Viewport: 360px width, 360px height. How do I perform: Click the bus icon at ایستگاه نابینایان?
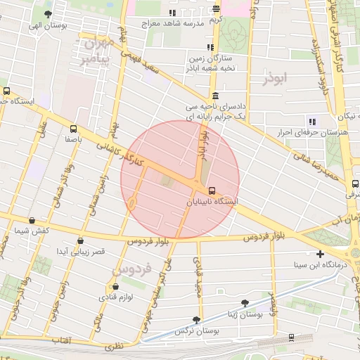point(211,191)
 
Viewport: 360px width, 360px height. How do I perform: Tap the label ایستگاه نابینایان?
point(211,202)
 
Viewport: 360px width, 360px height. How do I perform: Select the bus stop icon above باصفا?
point(74,129)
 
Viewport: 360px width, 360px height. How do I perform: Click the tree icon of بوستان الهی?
point(48,14)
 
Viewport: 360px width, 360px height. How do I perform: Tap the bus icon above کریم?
point(216,9)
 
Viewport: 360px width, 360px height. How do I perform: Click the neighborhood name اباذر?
point(275,79)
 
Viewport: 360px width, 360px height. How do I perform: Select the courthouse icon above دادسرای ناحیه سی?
point(214,96)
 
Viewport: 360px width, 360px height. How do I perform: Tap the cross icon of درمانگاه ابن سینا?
point(321,254)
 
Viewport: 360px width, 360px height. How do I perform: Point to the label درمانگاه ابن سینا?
point(320,266)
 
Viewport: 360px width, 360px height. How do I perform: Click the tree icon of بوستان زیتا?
point(245,303)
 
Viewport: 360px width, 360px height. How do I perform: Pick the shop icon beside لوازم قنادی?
point(115,287)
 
